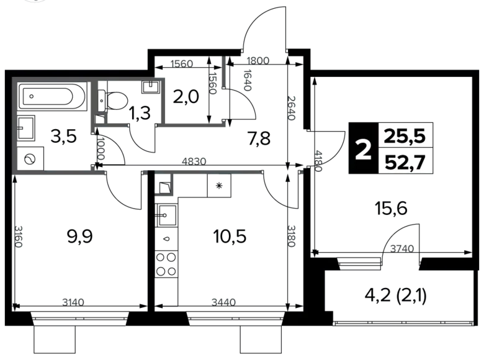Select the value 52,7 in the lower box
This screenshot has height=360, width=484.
(406, 163)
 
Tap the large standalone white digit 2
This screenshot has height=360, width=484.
(364, 150)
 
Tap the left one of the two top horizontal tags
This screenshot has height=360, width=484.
(181, 63)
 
